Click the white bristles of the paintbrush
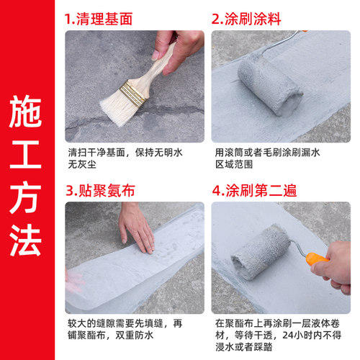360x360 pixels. pyautogui.click(x=115, y=108)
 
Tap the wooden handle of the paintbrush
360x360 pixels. pyautogui.click(x=159, y=64)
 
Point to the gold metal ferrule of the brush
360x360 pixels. pyautogui.click(x=134, y=90)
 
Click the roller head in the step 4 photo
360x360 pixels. pyautogui.click(x=260, y=250)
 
